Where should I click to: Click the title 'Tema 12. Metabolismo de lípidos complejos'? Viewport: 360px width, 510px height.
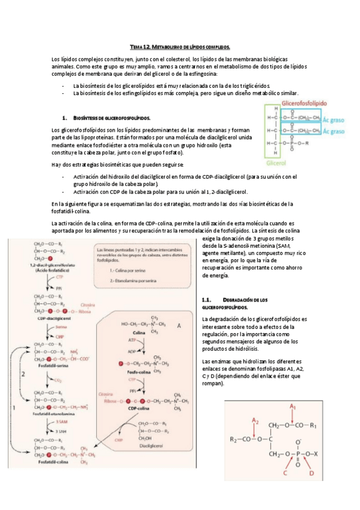click(x=180, y=46)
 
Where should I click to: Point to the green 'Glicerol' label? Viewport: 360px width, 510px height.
click(x=278, y=162)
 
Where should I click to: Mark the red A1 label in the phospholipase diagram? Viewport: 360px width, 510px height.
click(x=293, y=407)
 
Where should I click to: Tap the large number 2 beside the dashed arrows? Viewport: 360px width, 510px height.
click(x=23, y=373)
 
